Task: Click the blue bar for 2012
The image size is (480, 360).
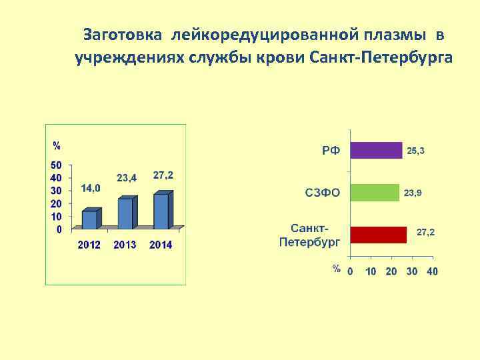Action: [89, 220]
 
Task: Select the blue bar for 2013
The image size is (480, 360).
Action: [125, 213]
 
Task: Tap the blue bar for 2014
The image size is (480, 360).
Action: [161, 211]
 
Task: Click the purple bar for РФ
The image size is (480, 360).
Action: [376, 150]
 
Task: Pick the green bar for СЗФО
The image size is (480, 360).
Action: [375, 193]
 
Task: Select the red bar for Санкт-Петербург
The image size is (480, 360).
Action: [378, 235]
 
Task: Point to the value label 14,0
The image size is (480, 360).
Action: [91, 189]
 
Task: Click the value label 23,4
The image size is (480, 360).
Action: [127, 178]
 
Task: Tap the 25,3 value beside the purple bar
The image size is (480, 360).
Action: [415, 151]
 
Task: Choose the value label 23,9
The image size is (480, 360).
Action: [412, 193]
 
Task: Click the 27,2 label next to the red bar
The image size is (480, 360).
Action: [425, 233]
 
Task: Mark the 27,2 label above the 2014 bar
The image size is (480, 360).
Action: [163, 175]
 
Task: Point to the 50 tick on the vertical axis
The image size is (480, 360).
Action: [56, 165]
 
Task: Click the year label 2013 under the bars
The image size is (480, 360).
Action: [125, 245]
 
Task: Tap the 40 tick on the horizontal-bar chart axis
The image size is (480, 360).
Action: [432, 271]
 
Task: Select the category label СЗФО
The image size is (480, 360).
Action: [322, 193]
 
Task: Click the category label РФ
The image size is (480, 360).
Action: [331, 151]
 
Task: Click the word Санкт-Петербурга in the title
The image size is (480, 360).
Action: [381, 57]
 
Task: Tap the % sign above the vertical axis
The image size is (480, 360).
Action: [57, 145]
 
